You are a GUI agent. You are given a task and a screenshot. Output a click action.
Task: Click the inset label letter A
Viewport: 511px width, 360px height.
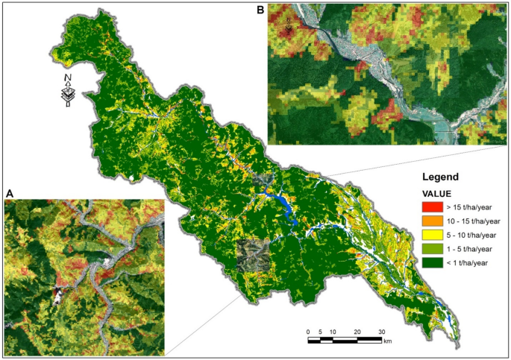(x=10, y=192)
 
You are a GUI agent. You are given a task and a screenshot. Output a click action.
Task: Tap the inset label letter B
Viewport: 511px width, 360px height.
(x=260, y=10)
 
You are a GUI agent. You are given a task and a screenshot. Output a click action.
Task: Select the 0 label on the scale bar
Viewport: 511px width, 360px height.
(x=308, y=332)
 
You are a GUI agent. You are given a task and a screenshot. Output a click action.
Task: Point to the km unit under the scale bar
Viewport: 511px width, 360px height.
(x=387, y=342)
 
